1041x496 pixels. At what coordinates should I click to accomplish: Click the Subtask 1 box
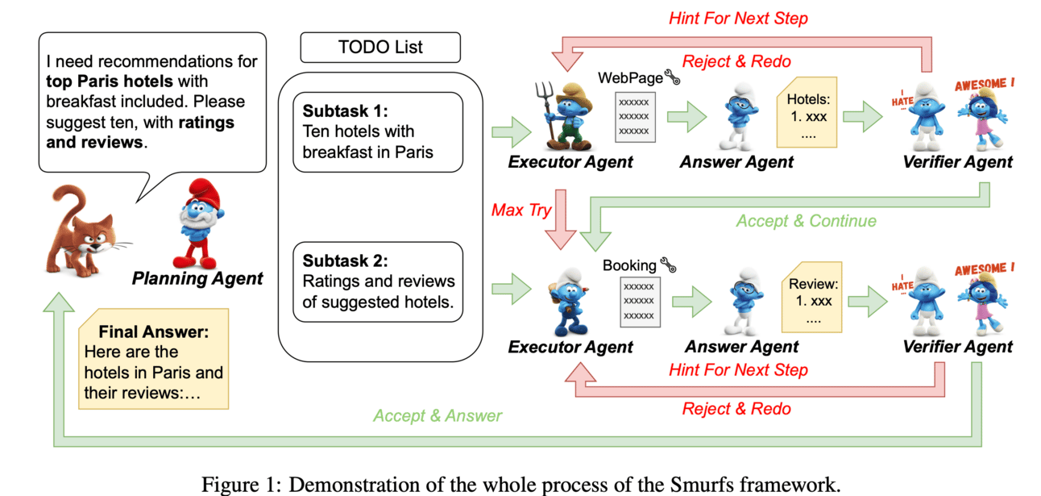(x=378, y=132)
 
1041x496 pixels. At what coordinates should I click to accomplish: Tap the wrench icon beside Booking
(x=666, y=264)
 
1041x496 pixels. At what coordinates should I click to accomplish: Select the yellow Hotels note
(x=807, y=113)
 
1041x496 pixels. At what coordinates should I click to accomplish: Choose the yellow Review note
(x=813, y=298)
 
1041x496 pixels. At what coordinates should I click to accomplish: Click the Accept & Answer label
(x=438, y=416)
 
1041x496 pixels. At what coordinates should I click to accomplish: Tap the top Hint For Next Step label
(x=738, y=18)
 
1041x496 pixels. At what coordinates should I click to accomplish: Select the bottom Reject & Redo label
(x=736, y=409)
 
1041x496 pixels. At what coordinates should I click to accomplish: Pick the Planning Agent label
(x=197, y=279)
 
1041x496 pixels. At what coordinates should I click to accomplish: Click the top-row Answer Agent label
(x=736, y=162)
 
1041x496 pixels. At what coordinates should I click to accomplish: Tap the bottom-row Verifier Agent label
(x=957, y=347)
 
